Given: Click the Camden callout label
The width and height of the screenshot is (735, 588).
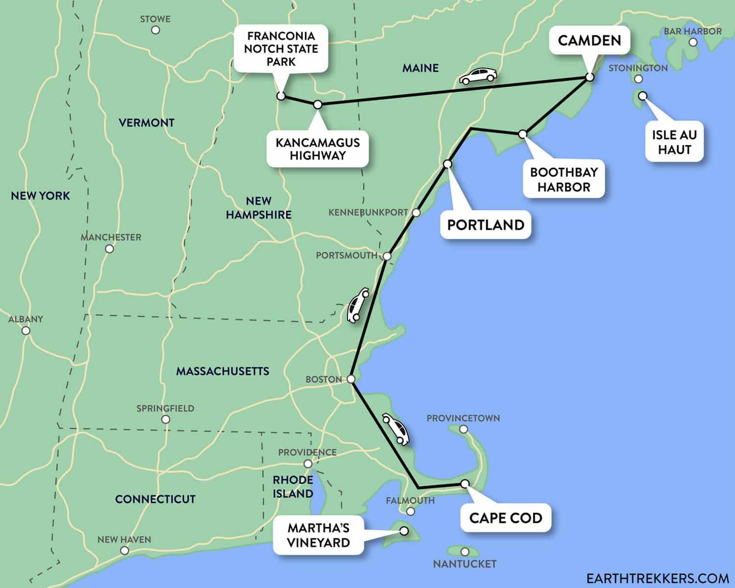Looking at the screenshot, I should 589,41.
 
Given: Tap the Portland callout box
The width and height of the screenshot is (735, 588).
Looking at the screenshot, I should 486,225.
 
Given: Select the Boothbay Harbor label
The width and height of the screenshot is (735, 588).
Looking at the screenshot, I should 563,180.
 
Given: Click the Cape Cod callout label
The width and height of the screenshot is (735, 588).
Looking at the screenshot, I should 506,518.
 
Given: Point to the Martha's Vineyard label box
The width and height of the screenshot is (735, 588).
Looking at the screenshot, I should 318,535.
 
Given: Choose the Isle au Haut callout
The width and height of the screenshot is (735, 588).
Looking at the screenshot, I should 674,142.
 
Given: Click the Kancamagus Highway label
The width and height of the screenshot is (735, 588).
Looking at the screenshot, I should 318,149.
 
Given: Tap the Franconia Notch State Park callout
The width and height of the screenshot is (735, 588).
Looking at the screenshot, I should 281,49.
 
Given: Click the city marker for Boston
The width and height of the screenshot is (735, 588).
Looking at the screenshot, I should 351,379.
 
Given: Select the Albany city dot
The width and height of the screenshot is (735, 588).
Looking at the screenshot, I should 26,331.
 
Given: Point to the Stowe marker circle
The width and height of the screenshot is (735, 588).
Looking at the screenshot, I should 155,30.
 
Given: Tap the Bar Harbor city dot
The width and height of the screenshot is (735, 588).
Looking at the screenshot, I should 693,42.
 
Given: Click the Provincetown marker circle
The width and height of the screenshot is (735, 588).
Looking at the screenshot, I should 464,429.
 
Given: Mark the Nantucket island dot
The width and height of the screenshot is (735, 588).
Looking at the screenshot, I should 465,552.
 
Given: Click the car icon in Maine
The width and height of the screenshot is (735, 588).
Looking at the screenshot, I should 478,76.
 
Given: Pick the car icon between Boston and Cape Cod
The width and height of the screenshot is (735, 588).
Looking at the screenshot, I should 396,429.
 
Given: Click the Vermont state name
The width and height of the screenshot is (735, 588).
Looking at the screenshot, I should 147,122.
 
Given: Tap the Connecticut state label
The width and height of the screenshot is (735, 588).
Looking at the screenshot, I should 155,499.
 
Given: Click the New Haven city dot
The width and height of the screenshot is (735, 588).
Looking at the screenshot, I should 124,551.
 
